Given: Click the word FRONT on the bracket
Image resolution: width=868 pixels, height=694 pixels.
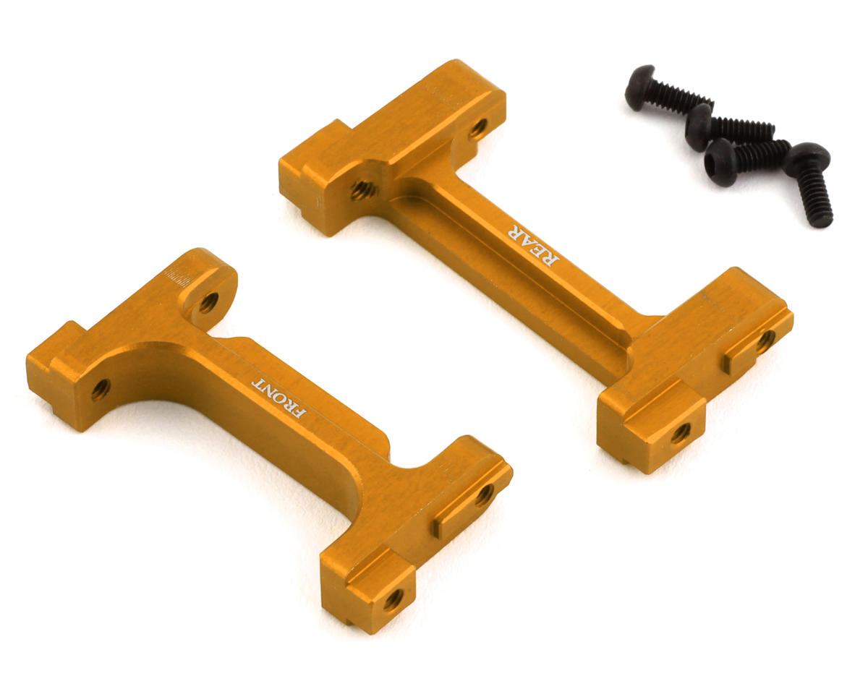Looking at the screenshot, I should coord(278,397).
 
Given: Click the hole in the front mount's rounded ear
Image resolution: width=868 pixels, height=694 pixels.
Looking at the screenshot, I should coord(208,301).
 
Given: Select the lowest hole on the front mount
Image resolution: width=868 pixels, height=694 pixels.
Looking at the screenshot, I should coord(393,599).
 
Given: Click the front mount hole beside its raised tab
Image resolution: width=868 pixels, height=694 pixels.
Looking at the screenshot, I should coord(483,495).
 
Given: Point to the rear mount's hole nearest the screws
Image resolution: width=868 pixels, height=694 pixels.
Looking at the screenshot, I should coord(478,129).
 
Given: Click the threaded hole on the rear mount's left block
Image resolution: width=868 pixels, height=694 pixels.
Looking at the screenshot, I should coord(361,190).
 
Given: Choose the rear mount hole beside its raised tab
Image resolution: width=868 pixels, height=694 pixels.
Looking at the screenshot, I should coord(766,339).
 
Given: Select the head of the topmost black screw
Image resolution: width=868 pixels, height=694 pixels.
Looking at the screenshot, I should coord(639,87).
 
